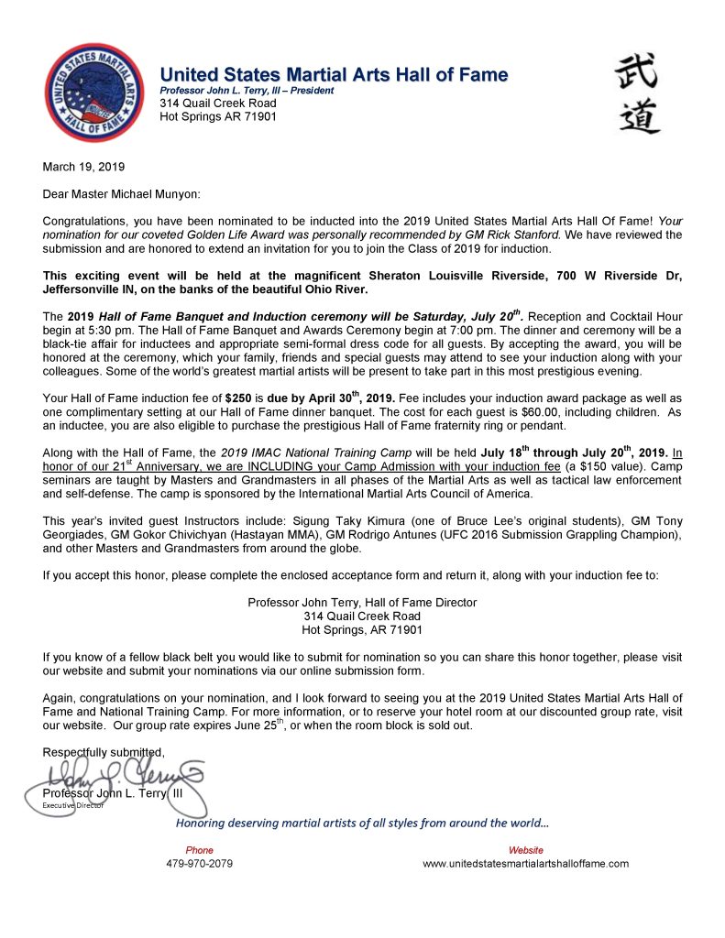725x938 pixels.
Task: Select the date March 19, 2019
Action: click(84, 168)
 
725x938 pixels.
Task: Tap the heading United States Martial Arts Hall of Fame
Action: click(334, 74)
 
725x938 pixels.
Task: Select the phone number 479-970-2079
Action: click(199, 864)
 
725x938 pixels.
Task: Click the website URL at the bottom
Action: click(525, 864)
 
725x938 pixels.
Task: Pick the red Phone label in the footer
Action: click(199, 850)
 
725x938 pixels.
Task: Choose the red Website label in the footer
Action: click(526, 850)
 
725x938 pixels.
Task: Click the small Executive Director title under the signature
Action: click(73, 804)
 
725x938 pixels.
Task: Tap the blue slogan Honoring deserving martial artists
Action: click(362, 823)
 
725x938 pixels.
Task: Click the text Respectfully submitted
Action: click(104, 753)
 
